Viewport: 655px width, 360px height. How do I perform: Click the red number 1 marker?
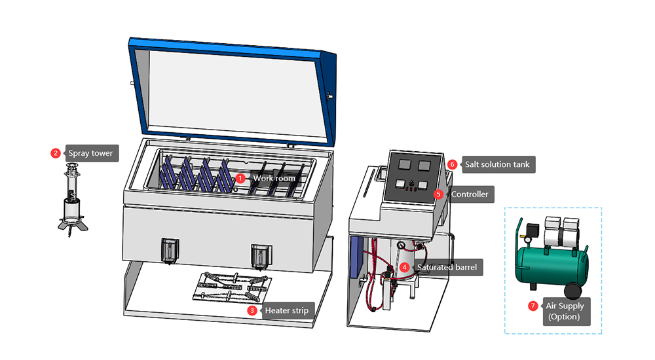(240, 177)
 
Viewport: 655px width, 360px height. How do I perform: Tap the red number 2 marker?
(56, 153)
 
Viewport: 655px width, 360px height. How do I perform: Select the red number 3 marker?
(252, 310)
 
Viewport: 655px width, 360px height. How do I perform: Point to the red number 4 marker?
(405, 267)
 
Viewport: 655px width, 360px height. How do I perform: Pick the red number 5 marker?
(438, 194)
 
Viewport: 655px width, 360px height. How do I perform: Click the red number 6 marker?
(452, 164)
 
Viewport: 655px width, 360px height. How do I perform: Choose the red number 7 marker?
(533, 306)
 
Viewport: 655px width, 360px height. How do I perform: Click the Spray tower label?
(90, 154)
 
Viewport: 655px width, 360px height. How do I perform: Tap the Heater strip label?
(286, 310)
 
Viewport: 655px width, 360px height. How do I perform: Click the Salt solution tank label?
(496, 164)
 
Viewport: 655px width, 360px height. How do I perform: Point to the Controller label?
(468, 194)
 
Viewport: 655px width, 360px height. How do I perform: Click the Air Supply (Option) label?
(565, 312)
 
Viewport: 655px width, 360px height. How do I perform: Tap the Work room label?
(274, 178)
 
